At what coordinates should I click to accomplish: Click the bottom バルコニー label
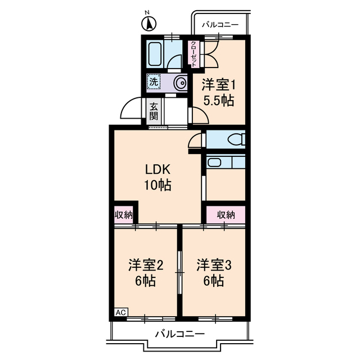(x=179, y=334)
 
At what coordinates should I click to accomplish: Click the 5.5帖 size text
(x=219, y=101)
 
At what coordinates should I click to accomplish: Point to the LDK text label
(x=158, y=169)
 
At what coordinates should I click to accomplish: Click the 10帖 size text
(x=158, y=184)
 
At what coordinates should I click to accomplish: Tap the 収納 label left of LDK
(x=124, y=214)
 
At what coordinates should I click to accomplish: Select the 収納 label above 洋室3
(x=226, y=214)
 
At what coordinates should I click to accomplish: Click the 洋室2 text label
(x=145, y=264)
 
